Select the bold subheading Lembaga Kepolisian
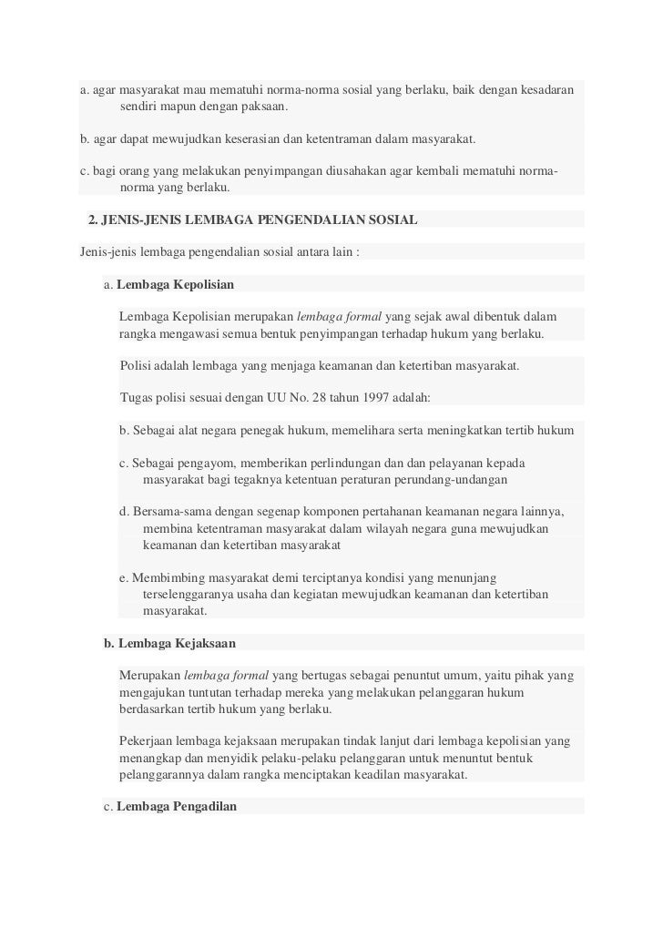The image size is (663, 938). click(176, 285)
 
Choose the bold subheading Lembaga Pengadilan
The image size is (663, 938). click(177, 806)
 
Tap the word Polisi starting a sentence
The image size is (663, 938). click(137, 366)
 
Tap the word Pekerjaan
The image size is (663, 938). click(148, 742)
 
